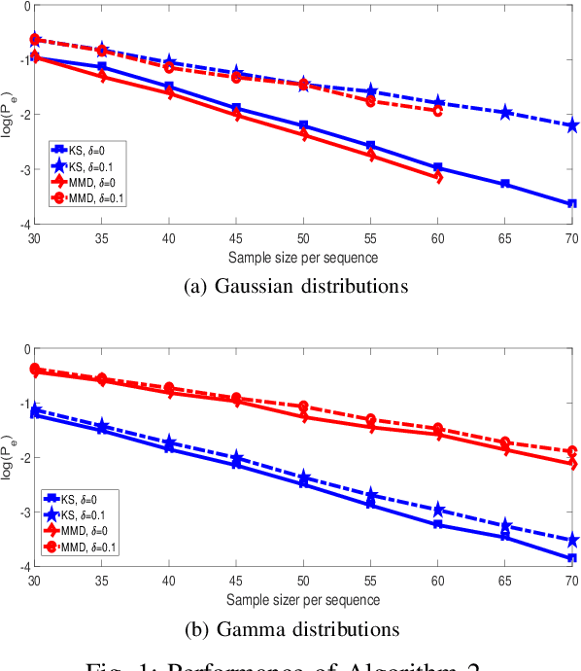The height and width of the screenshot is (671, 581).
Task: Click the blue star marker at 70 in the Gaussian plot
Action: coord(572,125)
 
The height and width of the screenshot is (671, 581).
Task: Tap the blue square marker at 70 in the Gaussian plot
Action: coord(572,204)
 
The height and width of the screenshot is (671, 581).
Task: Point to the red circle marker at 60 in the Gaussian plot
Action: coord(437,111)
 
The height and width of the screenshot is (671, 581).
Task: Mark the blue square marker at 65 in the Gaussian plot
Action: coord(505,184)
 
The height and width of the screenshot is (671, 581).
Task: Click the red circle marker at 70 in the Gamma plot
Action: coord(572,451)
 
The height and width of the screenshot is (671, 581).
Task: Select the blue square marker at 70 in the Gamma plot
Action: coord(572,558)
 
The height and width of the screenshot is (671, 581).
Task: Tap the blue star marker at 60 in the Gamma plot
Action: coord(437,510)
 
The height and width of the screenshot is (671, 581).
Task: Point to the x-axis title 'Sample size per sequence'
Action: coord(302,258)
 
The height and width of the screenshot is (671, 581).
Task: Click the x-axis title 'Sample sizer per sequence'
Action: coord(302,599)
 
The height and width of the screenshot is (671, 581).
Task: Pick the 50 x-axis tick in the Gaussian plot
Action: coord(302,237)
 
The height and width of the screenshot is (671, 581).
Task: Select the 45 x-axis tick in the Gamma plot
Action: coord(235,579)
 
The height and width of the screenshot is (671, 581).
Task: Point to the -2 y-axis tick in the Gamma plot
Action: coord(18,457)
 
